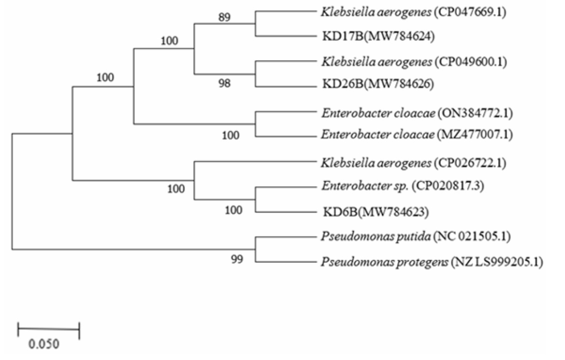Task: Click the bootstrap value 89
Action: tap(224, 17)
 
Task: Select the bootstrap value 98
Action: tap(224, 83)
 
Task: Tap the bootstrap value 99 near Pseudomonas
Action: tap(237, 259)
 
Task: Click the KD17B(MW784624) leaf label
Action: tap(378, 36)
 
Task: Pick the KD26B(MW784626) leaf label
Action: tap(378, 84)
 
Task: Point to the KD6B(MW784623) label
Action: tap(376, 212)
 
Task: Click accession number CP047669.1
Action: tap(470, 12)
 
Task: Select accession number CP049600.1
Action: tap(471, 62)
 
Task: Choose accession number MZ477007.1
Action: tap(475, 134)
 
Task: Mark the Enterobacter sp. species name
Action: tap(365, 186)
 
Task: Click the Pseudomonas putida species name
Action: tap(376, 237)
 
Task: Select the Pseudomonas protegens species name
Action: tap(384, 262)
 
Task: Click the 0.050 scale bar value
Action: tap(44, 344)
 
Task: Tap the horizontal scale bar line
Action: tap(48, 329)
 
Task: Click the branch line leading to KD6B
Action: tap(286, 212)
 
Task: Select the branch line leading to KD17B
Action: tap(286, 36)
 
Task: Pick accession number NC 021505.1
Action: tap(472, 237)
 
